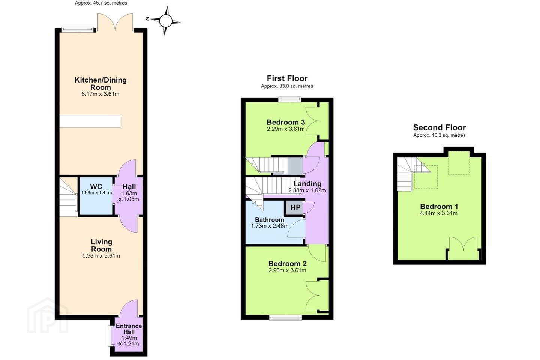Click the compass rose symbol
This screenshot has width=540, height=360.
[166, 21]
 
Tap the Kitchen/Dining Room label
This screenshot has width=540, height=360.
[100, 83]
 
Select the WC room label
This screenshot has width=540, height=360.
[96, 186]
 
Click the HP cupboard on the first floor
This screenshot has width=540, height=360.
[295, 207]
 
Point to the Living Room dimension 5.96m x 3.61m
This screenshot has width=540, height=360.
[101, 256]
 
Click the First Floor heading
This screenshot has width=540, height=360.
[287, 78]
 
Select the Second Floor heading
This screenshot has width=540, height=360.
[439, 127]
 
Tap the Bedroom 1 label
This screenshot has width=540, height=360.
[439, 207]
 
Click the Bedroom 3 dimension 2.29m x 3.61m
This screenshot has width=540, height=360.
[286, 129]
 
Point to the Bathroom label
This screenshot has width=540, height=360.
[270, 220]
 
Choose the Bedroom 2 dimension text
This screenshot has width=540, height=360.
[287, 270]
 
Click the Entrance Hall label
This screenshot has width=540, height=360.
[129, 329]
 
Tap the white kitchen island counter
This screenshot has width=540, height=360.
[90, 121]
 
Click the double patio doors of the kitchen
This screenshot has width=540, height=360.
[115, 22]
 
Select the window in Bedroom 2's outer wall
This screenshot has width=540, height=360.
[285, 318]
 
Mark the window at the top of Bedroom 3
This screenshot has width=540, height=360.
[290, 99]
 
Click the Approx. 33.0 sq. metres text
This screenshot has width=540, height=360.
[287, 86]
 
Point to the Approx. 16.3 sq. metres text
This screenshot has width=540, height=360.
[439, 135]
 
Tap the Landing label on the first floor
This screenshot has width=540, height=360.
[307, 184]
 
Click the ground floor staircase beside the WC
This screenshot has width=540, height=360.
[69, 197]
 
